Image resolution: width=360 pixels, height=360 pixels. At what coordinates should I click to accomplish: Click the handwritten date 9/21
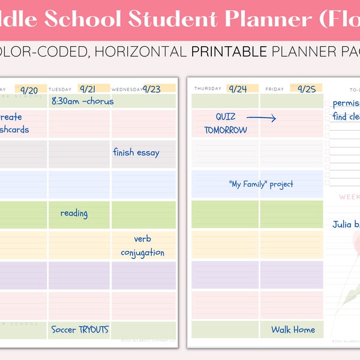88,89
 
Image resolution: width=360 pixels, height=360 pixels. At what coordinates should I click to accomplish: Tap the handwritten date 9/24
238,89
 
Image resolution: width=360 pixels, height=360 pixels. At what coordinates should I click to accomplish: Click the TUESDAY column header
60,89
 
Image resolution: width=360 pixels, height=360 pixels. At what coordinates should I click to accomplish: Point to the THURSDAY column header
207,89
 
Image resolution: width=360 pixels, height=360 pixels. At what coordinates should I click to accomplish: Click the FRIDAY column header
275,89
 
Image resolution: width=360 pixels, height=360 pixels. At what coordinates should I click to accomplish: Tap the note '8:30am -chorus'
82,101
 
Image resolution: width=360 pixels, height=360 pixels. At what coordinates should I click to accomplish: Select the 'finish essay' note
136,152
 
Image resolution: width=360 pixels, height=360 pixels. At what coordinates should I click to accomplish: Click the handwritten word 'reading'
74,213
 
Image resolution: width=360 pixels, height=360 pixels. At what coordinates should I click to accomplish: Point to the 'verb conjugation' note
142,245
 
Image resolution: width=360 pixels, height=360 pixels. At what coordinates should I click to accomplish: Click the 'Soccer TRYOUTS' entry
80,329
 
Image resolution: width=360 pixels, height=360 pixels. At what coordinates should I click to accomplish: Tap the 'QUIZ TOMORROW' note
226,123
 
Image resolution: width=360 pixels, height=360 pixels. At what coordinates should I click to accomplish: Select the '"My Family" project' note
261,184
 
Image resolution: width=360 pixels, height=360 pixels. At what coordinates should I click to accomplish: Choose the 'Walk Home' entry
293,329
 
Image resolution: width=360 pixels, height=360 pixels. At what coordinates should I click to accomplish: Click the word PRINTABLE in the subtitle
229,52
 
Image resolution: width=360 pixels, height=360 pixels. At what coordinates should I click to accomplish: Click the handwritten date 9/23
151,89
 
